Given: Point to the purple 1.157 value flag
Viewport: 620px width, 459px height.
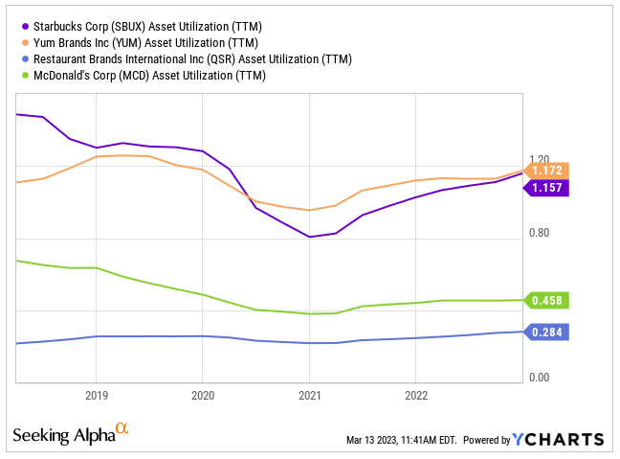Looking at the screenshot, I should click(549, 188).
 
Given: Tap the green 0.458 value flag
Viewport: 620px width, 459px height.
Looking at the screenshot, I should click(549, 300).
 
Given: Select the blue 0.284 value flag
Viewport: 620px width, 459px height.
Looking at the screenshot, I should click(549, 333).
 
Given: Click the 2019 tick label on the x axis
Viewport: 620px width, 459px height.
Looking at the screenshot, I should click(96, 394).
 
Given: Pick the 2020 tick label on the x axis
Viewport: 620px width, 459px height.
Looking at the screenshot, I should click(202, 394).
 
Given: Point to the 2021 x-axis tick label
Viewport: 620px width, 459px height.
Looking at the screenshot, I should click(309, 394).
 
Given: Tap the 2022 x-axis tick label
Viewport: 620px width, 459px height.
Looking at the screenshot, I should click(415, 394).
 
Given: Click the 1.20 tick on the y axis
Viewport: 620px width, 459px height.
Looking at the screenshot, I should click(540, 160).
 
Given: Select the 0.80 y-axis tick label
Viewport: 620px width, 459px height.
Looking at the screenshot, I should click(540, 233).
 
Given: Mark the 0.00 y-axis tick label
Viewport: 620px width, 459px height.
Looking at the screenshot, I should click(540, 378).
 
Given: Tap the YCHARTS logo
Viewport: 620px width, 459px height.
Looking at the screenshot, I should click(557, 440).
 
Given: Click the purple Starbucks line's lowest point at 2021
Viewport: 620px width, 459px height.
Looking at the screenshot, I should click(309, 237).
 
